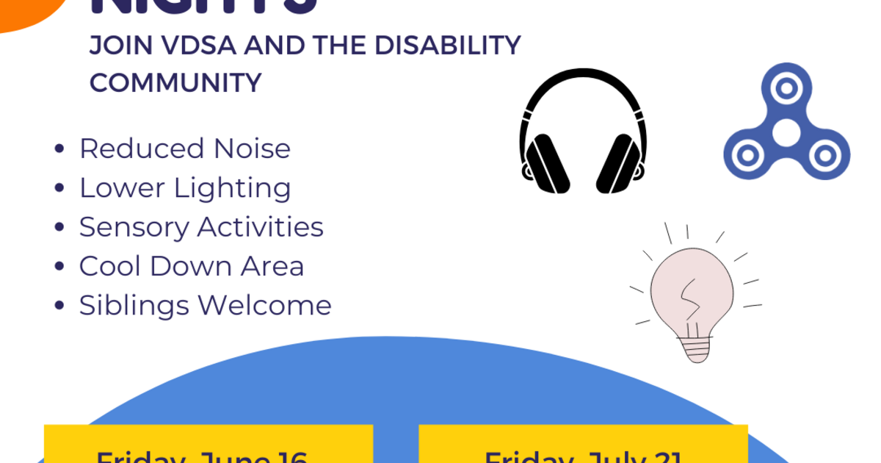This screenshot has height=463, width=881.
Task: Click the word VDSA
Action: pos(199,46)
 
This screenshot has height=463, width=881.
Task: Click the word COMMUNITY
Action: pos(175,83)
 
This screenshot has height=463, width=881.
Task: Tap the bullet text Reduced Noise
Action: pos(185,149)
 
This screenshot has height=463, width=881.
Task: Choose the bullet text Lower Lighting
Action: pos(185,188)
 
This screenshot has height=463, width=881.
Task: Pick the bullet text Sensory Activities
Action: pos(201,227)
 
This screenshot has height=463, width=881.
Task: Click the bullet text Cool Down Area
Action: pos(192,266)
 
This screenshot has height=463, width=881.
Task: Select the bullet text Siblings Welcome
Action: pos(206,305)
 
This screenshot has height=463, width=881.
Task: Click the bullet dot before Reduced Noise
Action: pos(59,150)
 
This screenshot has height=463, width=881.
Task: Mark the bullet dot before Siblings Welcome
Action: pos(59,306)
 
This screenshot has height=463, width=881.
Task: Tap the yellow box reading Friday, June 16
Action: pos(209,445)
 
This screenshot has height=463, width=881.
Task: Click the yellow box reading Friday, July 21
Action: pos(583,445)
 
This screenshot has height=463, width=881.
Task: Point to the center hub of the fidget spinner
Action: pos(786,132)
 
